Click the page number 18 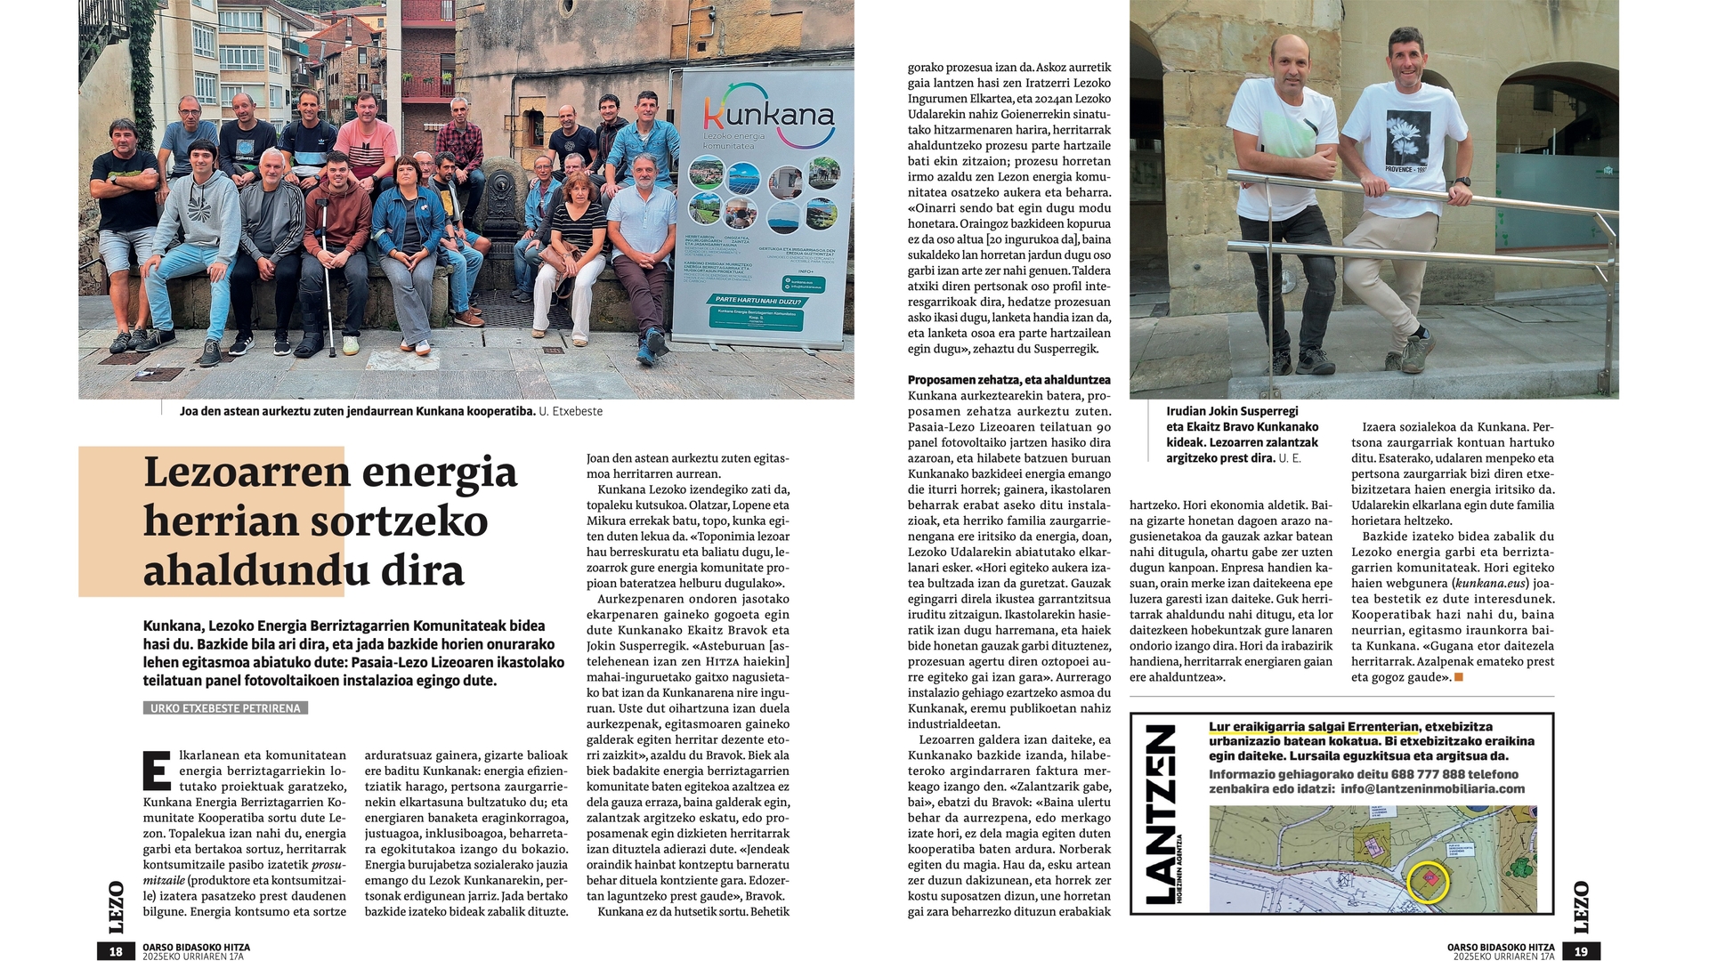[116, 951]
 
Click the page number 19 [1581, 951]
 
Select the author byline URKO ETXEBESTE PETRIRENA [226, 708]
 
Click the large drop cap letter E [157, 771]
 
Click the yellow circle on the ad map [1429, 881]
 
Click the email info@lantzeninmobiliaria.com [1432, 788]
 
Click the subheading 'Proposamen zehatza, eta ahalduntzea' [1008, 380]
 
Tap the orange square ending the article [1458, 677]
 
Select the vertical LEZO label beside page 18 [116, 907]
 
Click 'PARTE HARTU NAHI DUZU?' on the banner [758, 301]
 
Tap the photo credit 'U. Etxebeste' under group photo [571, 411]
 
